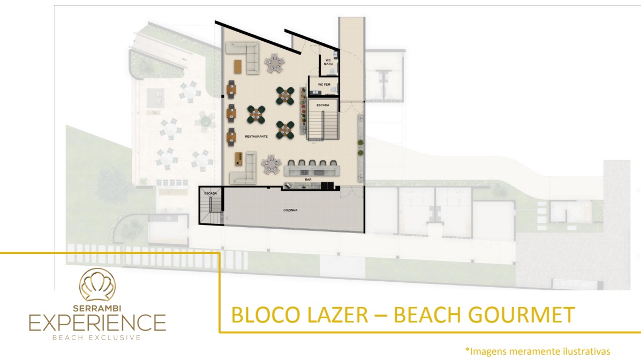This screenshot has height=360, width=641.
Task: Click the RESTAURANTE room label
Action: [257, 136]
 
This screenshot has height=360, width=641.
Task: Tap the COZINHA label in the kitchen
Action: [290, 211]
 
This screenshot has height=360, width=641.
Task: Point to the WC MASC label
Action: [328, 62]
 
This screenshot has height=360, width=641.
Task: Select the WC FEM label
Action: [324, 85]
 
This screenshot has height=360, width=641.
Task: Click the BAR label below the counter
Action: [308, 179]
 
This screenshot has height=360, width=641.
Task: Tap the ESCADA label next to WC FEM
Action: [322, 105]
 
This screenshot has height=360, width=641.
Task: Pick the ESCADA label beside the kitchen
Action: [210, 193]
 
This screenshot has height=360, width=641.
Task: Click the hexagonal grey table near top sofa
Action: [274, 63]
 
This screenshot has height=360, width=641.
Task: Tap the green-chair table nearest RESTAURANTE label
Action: [256, 115]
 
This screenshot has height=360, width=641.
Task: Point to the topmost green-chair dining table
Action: [285, 96]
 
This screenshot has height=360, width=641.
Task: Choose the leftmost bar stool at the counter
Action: [292, 163]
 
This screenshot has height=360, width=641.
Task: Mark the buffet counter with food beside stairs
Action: [303, 110]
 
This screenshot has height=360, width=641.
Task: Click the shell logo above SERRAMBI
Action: [97, 284]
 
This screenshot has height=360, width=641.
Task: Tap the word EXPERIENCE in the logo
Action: [97, 323]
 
